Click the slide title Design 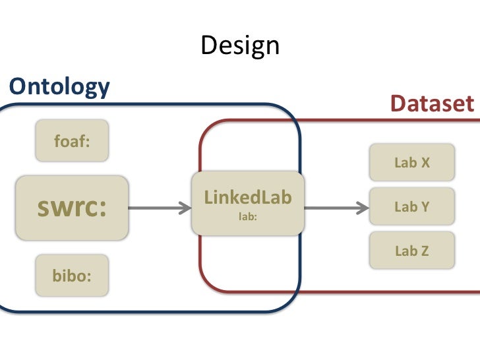click(240, 45)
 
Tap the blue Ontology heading click(59, 86)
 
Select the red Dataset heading click(431, 104)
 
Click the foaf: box click(71, 141)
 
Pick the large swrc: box click(71, 208)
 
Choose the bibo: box click(71, 274)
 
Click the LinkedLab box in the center click(248, 203)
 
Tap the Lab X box click(411, 162)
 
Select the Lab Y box click(411, 207)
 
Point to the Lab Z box click(411, 251)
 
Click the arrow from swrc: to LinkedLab click(158, 208)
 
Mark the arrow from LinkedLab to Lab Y click(336, 208)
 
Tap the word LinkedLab click(248, 197)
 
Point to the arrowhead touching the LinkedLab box click(184, 208)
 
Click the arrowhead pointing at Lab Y click(362, 208)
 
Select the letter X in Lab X click(425, 162)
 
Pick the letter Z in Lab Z click(425, 251)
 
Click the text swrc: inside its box click(71, 208)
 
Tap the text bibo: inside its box click(71, 274)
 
